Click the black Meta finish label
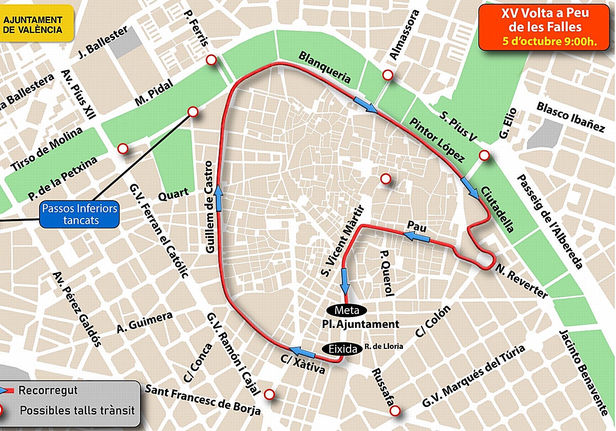click(x=346, y=310)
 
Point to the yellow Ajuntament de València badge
click(x=33, y=25)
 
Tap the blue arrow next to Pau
click(x=416, y=236)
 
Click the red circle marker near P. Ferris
click(x=210, y=61)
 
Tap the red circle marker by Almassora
click(x=388, y=75)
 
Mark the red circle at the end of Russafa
click(x=394, y=411)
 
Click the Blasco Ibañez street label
click(x=570, y=117)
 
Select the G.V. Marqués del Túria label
click(x=473, y=376)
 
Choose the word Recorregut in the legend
click(x=48, y=390)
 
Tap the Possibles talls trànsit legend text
click(x=77, y=410)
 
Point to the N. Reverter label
click(x=521, y=282)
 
